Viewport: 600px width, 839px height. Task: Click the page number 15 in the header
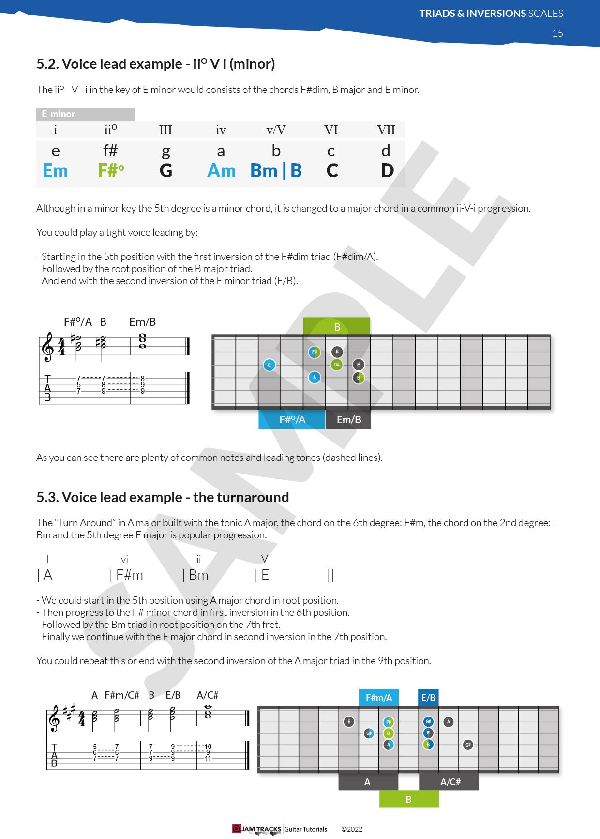(x=557, y=33)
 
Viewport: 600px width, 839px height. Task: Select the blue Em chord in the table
(x=55, y=171)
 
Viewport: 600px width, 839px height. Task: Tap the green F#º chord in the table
(x=111, y=171)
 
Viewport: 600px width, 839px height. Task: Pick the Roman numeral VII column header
(x=386, y=130)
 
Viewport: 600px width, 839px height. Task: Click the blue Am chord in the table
(x=221, y=171)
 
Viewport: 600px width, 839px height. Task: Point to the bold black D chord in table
(x=387, y=171)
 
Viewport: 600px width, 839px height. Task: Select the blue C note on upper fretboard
(x=270, y=365)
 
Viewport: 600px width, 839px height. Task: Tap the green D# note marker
(x=337, y=365)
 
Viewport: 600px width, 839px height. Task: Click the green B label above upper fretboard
(x=337, y=327)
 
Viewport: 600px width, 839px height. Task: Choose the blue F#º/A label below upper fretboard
(x=292, y=420)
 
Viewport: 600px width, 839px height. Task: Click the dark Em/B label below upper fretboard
(x=348, y=420)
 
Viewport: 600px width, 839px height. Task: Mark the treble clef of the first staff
(x=48, y=347)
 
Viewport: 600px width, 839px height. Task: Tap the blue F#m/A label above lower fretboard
(x=378, y=698)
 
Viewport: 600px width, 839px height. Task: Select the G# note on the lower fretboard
(x=428, y=722)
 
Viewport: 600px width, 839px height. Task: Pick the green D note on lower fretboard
(x=389, y=733)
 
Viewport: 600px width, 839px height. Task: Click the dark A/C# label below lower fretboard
(x=450, y=782)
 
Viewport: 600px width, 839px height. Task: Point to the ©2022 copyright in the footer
(x=352, y=829)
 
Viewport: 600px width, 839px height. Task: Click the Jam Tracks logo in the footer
(x=257, y=829)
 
